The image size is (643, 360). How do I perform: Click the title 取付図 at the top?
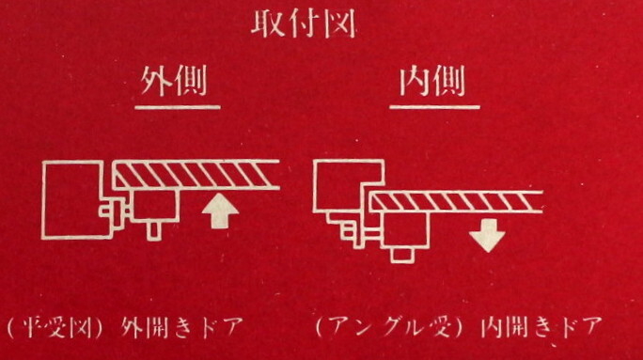click(302, 25)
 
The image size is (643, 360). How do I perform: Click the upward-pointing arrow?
click(217, 211)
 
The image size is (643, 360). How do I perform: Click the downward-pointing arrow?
click(487, 233)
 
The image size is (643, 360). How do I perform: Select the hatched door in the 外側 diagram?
click(197, 174)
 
